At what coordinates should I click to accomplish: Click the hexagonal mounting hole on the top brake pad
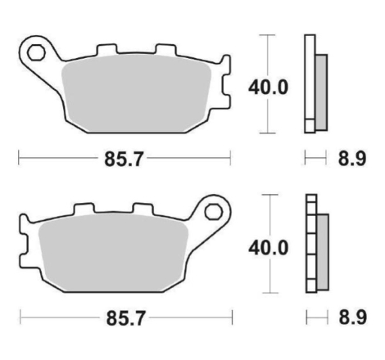pos(36,52)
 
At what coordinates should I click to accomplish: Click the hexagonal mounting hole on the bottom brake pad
pos(214,212)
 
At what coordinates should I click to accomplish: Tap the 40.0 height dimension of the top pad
pos(268,88)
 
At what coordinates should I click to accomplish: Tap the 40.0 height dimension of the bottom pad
pos(268,248)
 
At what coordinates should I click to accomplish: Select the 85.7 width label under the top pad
pos(124,160)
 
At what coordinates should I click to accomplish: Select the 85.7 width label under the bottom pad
pos(125,318)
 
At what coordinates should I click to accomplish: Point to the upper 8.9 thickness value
pos(352,159)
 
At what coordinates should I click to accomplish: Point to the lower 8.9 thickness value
pos(352,317)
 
